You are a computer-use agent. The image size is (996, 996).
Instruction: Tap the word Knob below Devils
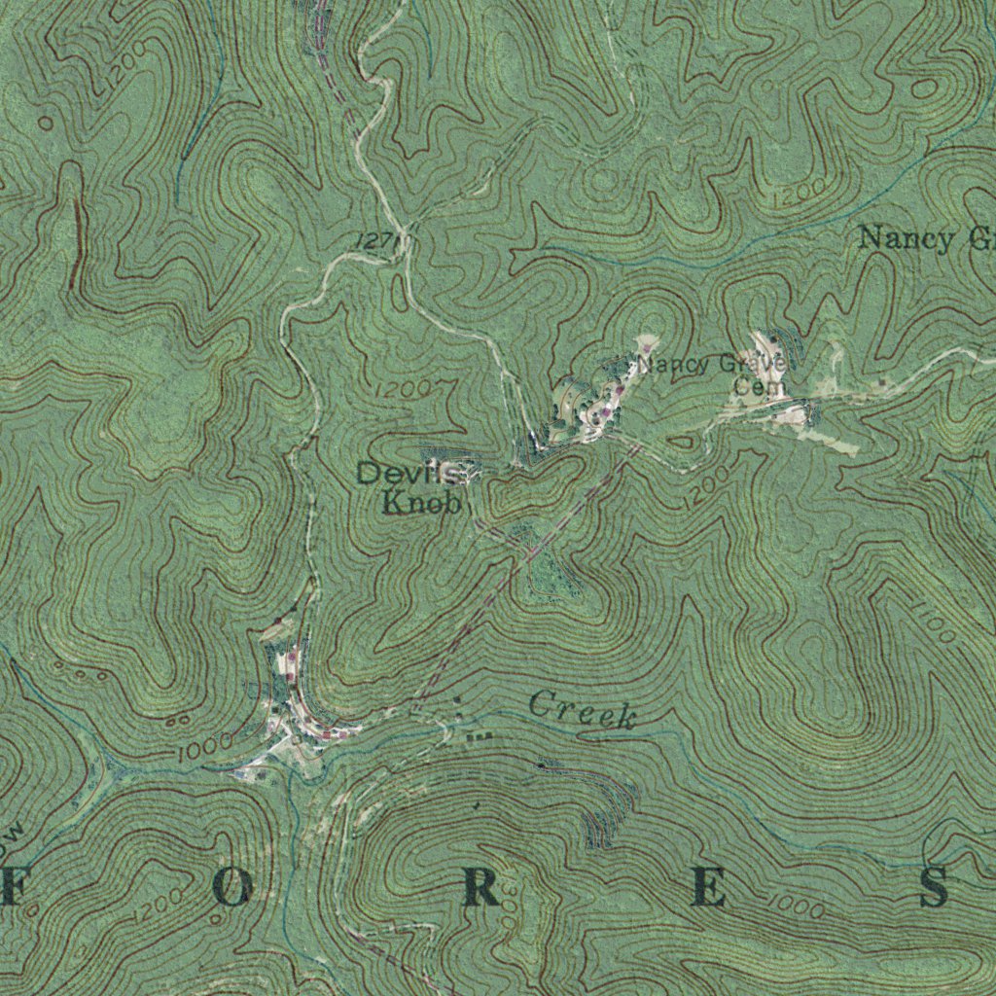(420, 504)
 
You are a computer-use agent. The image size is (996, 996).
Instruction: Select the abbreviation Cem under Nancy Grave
(751, 386)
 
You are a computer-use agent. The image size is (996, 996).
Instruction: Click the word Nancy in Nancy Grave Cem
(671, 366)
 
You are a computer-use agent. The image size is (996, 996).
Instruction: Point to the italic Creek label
(584, 710)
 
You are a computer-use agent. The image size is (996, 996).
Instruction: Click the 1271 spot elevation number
(377, 240)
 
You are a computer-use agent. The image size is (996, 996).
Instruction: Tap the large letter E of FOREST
(708, 889)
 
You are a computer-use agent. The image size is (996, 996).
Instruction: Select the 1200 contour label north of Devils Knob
(402, 389)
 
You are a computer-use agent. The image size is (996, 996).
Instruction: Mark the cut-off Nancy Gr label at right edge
(924, 238)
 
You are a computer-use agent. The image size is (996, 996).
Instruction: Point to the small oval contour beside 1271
(400, 292)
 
